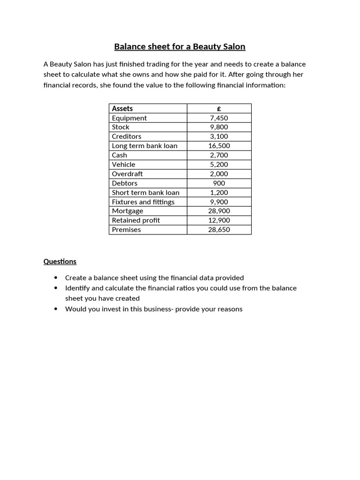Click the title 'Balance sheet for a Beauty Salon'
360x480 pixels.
pos(180,47)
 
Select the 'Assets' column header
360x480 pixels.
pos(122,109)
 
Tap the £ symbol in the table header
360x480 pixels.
pos(219,109)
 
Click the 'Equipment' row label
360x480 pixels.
pos(129,118)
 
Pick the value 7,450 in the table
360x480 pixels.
pos(219,118)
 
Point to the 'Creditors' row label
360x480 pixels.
pos(127,136)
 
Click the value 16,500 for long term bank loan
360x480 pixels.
pos(219,146)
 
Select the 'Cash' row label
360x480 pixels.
pos(120,155)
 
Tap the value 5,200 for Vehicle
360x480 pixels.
pos(219,165)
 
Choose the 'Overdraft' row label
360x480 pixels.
pos(127,174)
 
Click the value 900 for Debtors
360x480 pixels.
pos(219,183)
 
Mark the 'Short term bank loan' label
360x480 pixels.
pos(146,193)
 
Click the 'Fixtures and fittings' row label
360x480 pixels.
pos(143,202)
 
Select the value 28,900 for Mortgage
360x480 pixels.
pos(219,211)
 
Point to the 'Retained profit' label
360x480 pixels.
pos(136,220)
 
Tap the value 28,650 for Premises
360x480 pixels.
pos(219,230)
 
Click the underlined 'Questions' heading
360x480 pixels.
pos(60,262)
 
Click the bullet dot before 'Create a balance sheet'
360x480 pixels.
pos(56,277)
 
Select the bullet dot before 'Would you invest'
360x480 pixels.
pos(56,309)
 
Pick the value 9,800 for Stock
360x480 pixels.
pos(219,127)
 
